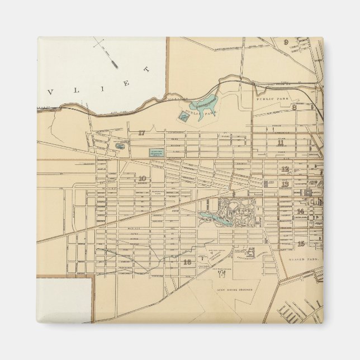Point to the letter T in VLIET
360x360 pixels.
pyautogui.click(x=147, y=69)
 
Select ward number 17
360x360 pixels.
pyautogui.click(x=141, y=132)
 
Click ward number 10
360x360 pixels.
pyautogui.click(x=142, y=178)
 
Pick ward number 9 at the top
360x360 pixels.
pyautogui.click(x=286, y=42)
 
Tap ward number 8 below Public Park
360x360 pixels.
pyautogui.click(x=294, y=106)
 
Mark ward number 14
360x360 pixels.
pyautogui.click(x=301, y=211)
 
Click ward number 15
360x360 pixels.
pyautogui.click(x=301, y=243)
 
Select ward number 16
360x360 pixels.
pyautogui.click(x=187, y=262)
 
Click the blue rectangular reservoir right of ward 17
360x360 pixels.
pyautogui.click(x=157, y=151)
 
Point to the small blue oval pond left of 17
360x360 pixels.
pyautogui.click(x=119, y=146)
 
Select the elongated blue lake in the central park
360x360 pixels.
pyautogui.click(x=216, y=219)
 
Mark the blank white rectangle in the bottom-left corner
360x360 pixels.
pyautogui.click(x=64, y=300)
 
